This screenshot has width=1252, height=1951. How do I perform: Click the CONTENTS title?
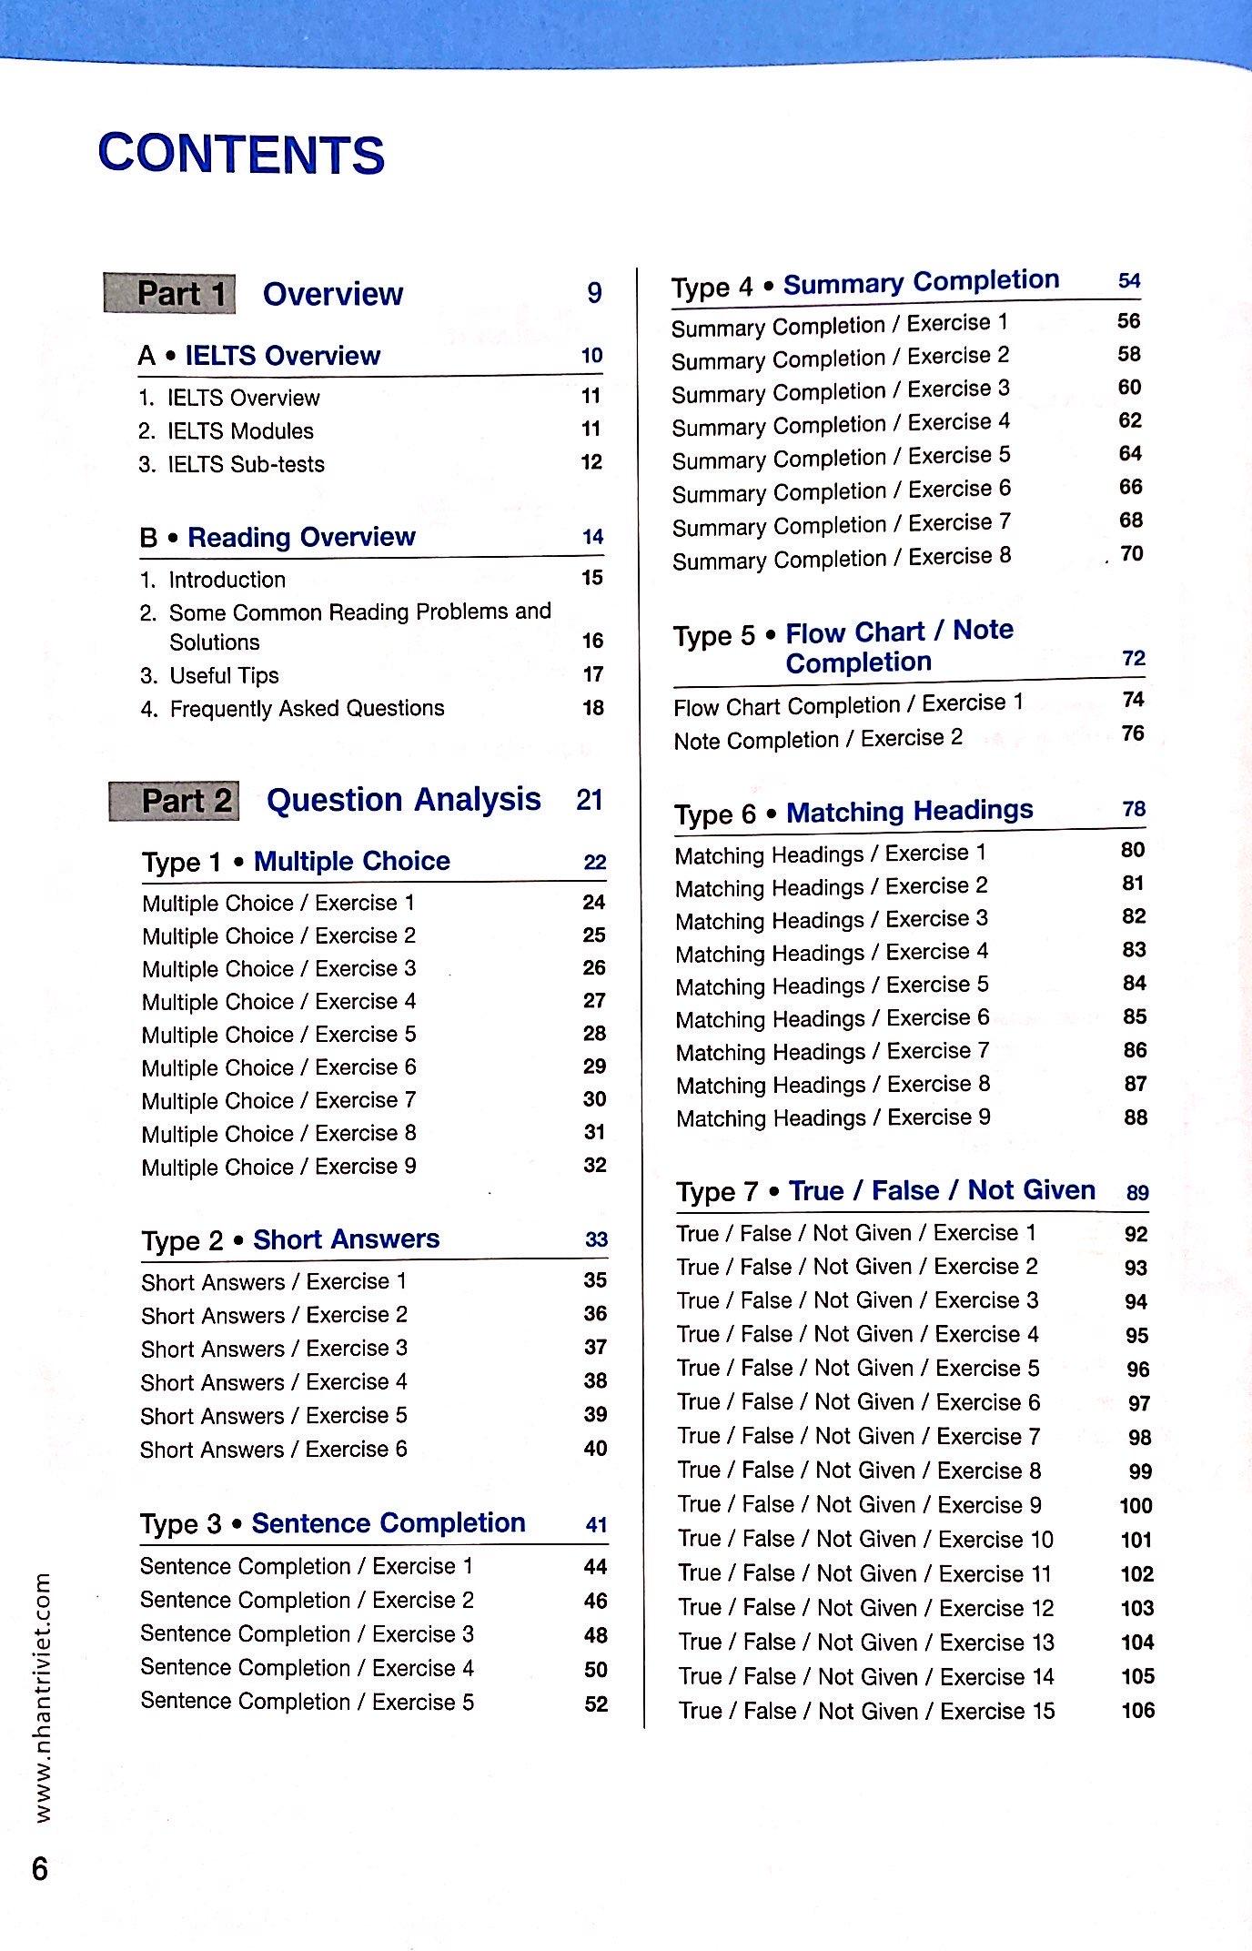tap(241, 154)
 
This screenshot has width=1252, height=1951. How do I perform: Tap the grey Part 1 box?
tap(170, 294)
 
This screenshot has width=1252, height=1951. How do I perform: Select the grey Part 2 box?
tap(175, 801)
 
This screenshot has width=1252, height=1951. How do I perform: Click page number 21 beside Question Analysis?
tap(590, 800)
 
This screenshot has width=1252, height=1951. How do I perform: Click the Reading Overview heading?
tap(301, 537)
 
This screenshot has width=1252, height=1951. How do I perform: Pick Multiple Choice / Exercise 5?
tap(278, 1035)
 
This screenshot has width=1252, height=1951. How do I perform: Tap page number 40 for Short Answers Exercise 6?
tap(595, 1448)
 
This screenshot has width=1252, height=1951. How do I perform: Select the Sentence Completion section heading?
tap(389, 1523)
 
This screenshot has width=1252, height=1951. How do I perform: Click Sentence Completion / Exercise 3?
tap(307, 1633)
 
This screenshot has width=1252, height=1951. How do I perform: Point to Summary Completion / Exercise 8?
tap(842, 558)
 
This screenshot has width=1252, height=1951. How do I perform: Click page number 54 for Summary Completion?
tap(1129, 280)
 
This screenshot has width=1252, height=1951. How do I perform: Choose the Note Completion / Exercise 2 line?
tap(818, 738)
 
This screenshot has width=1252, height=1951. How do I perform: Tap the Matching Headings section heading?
tap(909, 811)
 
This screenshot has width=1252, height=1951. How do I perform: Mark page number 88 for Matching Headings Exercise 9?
tap(1135, 1117)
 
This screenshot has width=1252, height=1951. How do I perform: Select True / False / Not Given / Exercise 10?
tap(864, 1539)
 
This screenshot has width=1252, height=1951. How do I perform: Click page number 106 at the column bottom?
tap(1137, 1710)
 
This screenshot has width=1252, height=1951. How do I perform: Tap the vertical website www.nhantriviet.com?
tap(42, 1697)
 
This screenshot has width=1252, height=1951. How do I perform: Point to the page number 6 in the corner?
tap(40, 1870)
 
